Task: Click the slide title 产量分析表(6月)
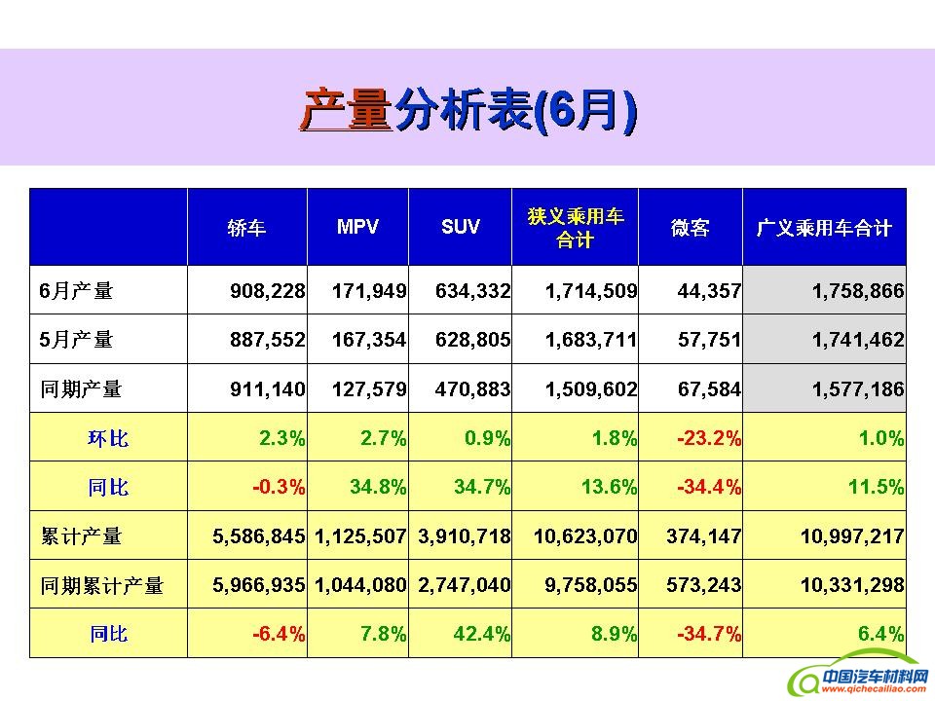[x=467, y=109]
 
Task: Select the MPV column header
[x=357, y=227]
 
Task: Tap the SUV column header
[x=461, y=227]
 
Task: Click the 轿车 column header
[x=246, y=228]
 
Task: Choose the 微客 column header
[x=690, y=228]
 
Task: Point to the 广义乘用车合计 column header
[x=824, y=228]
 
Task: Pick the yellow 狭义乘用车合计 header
[x=575, y=228]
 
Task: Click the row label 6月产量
[x=77, y=290]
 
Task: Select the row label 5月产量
[x=77, y=340]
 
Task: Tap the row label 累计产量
[x=81, y=536]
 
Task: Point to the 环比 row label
[x=108, y=438]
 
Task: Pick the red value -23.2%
[x=708, y=438]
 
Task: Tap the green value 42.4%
[x=482, y=635]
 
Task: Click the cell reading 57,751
[x=709, y=340]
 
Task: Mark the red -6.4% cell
[x=280, y=635]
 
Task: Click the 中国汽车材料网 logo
[x=857, y=679]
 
